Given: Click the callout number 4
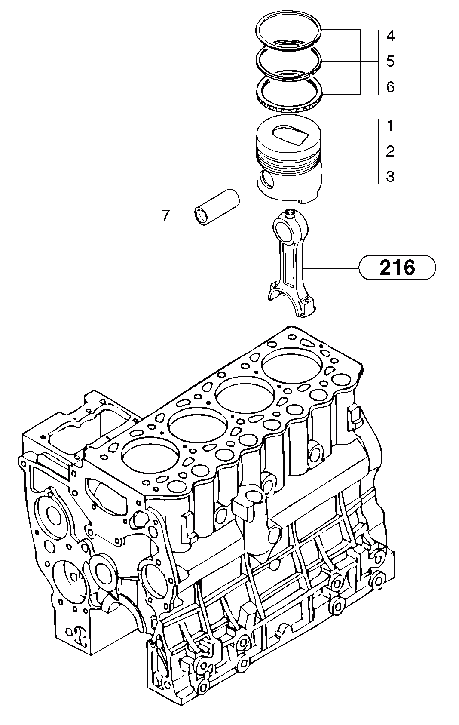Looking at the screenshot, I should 390,36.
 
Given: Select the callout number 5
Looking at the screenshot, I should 390,61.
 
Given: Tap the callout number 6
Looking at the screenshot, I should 390,87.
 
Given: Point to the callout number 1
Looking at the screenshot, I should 390,126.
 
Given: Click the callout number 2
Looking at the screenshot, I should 390,151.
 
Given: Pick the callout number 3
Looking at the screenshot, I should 390,176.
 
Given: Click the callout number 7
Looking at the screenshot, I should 166,215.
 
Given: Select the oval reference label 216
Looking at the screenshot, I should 397,267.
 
